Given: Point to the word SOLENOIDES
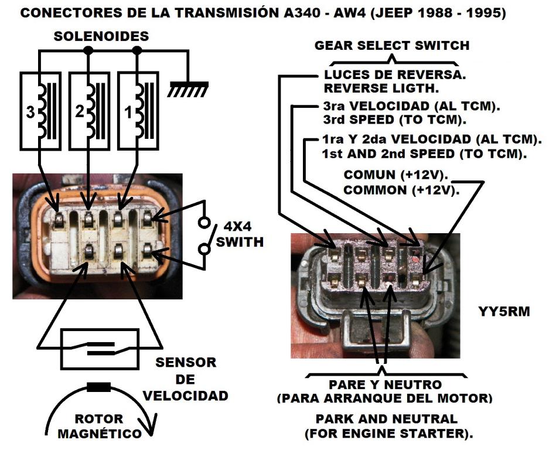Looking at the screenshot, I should (x=101, y=36).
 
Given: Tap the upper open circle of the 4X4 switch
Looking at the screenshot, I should (x=204, y=223).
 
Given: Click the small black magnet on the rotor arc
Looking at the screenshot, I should (x=98, y=387).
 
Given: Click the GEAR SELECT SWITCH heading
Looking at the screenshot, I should (x=392, y=45).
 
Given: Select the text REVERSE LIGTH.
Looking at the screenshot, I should (x=380, y=88).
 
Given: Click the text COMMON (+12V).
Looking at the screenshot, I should (x=401, y=190).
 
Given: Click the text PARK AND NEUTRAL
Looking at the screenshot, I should (x=386, y=420).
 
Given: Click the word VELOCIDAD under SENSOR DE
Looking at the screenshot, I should (x=186, y=396).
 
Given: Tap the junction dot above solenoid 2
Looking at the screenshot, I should (x=88, y=51).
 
